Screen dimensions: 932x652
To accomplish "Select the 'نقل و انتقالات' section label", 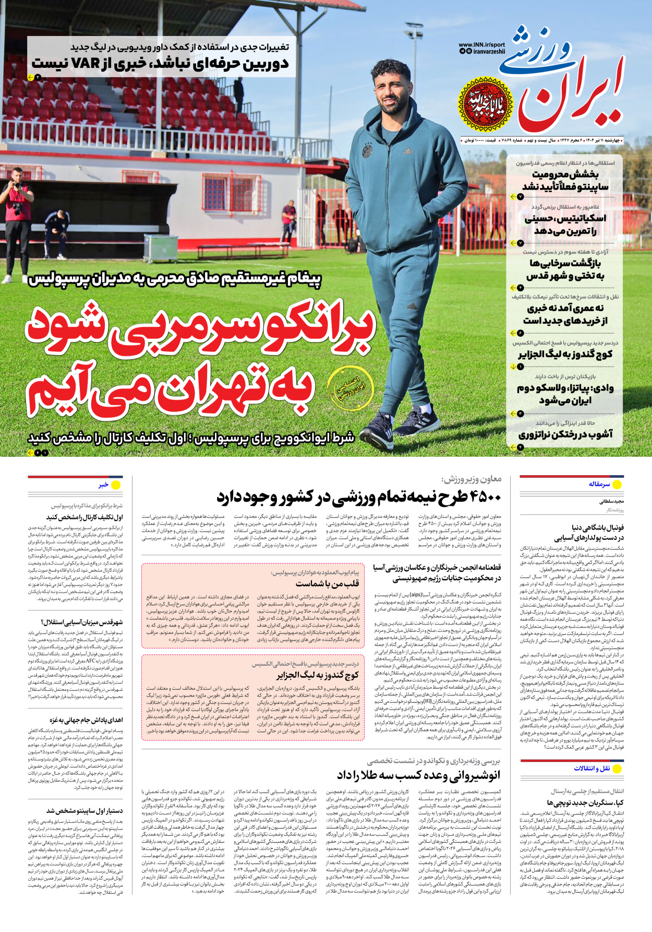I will pos(591,768).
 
